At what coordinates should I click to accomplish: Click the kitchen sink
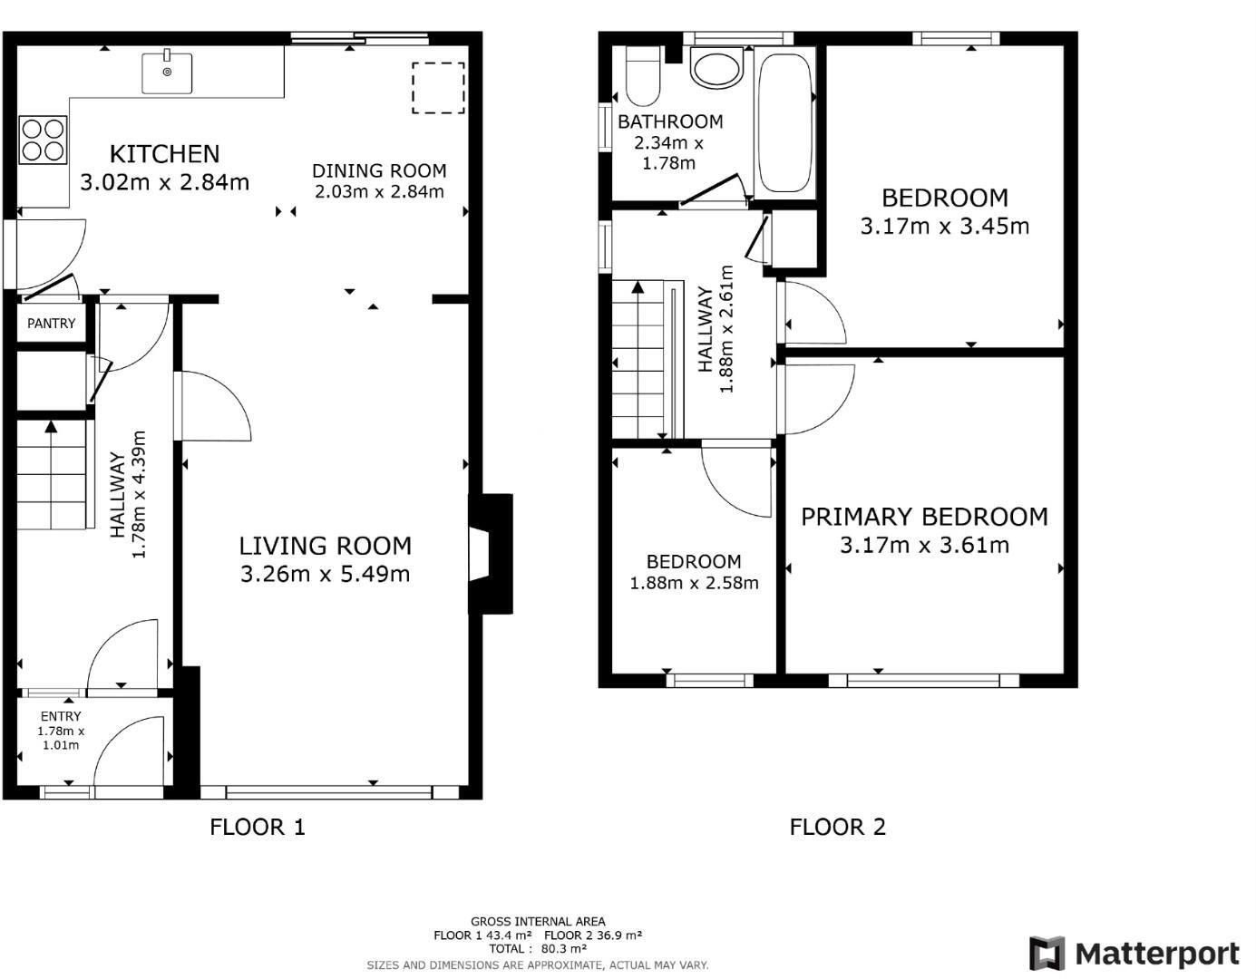[x=167, y=73]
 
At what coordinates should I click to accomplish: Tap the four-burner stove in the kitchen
[x=43, y=141]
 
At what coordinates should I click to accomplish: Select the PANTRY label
[x=52, y=324]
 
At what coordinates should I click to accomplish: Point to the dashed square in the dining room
[x=439, y=88]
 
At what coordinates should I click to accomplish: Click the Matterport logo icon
[x=1047, y=954]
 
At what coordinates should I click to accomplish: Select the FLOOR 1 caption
[x=258, y=827]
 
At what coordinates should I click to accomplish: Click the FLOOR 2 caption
[x=837, y=827]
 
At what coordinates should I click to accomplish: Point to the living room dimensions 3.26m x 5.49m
[x=325, y=574]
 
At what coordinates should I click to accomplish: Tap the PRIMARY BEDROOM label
[x=924, y=517]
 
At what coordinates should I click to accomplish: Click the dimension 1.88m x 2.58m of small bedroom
[x=694, y=583]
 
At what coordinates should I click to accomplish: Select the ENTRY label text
[x=61, y=716]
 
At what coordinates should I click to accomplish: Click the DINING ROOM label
[x=379, y=170]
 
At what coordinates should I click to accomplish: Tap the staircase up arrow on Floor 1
[x=51, y=427]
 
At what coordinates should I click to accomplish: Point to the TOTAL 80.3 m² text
[x=538, y=948]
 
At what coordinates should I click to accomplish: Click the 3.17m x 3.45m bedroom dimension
[x=945, y=226]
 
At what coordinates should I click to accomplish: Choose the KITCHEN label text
[x=165, y=154]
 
